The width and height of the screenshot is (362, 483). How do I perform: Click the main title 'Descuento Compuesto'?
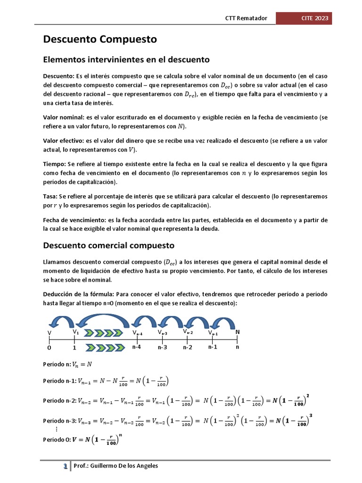(100, 40)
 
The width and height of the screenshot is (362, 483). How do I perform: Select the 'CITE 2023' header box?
(303, 18)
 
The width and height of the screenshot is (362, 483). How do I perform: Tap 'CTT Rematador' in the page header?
(246, 18)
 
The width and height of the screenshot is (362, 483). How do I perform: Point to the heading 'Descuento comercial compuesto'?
(109, 246)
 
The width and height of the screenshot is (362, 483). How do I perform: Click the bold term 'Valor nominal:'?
(63, 117)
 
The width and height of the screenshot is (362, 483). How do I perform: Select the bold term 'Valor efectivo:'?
(64, 141)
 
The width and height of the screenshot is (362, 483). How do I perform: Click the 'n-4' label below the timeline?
(137, 347)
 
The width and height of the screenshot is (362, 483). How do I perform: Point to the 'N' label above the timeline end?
(238, 332)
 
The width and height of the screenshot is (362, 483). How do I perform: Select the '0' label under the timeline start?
(49, 348)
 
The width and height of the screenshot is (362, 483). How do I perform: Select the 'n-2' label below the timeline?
(188, 347)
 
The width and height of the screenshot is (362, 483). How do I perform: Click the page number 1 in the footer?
(66, 466)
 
